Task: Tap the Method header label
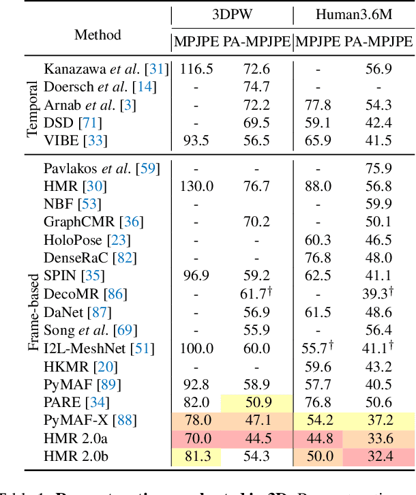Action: pyautogui.click(x=98, y=35)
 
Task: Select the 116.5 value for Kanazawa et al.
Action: pyautogui.click(x=196, y=68)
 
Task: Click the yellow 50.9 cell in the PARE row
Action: pyautogui.click(x=256, y=402)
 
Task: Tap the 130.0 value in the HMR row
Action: pyautogui.click(x=196, y=186)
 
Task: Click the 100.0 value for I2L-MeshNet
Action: pyautogui.click(x=196, y=348)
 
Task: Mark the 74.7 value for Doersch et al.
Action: pyautogui.click(x=256, y=86)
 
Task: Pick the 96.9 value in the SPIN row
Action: pyautogui.click(x=196, y=276)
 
